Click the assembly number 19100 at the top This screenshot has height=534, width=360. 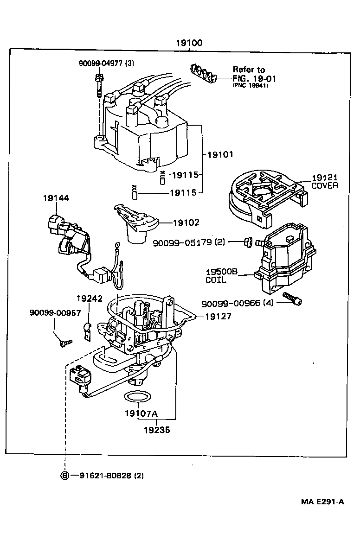pos(189,43)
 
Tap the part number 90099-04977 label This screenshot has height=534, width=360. pos(102,63)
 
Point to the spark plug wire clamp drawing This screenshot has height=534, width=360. pos(204,74)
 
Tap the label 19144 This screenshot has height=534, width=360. pos(56,198)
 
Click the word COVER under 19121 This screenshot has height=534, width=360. pos(325,185)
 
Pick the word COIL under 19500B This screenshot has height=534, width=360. pos(216,280)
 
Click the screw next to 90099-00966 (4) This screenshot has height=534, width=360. pos(292,299)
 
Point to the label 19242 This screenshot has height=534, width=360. pos(90,299)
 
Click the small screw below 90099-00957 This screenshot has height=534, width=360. pos(66,343)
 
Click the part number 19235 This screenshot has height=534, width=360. pos(157,430)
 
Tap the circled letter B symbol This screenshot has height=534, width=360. pos(65,476)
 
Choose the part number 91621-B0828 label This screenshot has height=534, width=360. pos(104,476)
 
